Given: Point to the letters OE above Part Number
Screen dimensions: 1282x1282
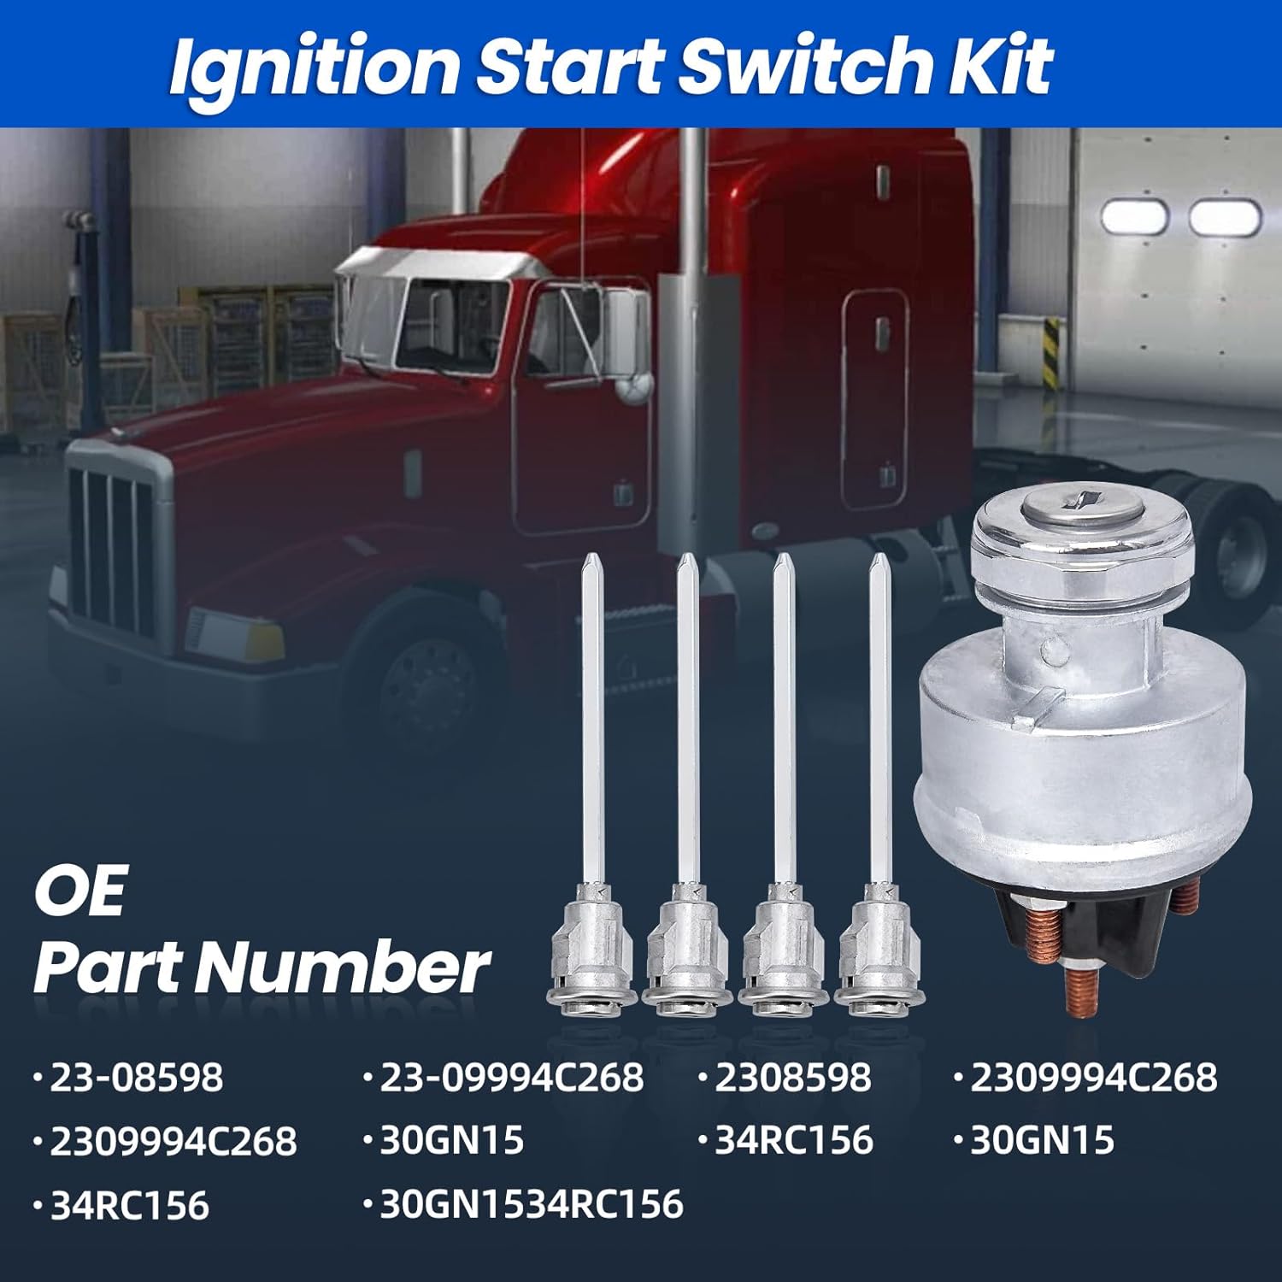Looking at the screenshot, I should point(79,891).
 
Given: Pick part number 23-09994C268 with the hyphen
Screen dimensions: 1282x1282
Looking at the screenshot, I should point(510,1077).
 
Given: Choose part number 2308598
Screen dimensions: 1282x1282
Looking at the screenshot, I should point(791,1077).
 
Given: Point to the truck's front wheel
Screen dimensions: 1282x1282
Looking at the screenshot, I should point(427,684).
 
